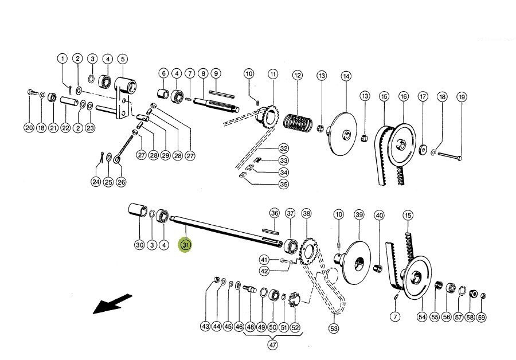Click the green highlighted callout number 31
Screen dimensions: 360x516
click(185, 245)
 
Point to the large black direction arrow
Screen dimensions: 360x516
click(112, 303)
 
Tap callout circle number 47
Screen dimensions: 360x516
click(273, 345)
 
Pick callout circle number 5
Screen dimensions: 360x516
click(123, 58)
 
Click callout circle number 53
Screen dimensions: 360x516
click(334, 328)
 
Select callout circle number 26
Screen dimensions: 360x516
click(121, 182)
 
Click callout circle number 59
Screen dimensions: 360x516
click(482, 317)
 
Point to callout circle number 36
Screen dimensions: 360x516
click(275, 213)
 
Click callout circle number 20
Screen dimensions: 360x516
click(29, 127)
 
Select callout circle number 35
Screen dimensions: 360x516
click(283, 184)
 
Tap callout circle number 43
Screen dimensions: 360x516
click(205, 326)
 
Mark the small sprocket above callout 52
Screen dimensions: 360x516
click(295, 300)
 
